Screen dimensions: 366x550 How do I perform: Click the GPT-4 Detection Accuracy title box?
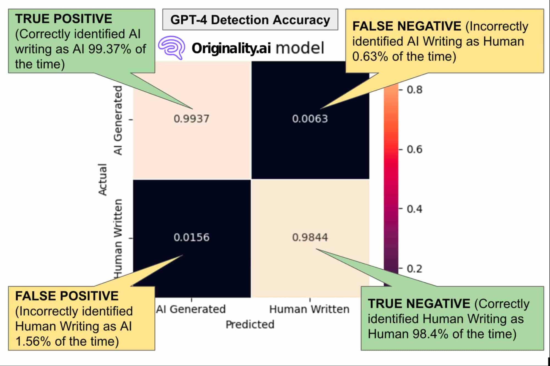(250, 20)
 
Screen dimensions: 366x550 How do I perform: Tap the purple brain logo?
(171, 47)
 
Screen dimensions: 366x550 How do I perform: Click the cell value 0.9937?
(191, 119)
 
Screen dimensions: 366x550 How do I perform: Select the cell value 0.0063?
(310, 119)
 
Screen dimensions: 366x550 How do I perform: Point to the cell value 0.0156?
(191, 237)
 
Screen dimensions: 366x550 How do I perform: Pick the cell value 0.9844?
(310, 237)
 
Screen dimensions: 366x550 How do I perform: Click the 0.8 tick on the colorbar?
(414, 90)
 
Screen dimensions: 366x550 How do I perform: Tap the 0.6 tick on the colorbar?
(414, 149)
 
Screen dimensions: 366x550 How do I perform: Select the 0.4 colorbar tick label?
(414, 209)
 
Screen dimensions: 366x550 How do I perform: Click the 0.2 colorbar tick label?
(414, 269)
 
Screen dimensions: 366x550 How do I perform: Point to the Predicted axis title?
(250, 324)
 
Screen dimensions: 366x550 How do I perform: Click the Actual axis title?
(103, 179)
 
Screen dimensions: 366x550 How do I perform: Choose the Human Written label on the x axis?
(309, 309)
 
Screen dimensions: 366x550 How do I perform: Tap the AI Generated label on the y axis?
(118, 120)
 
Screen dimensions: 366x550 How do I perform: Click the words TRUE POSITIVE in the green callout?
(64, 19)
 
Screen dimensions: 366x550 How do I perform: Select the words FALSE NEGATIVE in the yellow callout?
(407, 26)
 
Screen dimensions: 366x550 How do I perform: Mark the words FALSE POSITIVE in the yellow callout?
(67, 296)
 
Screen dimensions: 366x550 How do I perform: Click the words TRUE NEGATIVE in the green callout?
(419, 304)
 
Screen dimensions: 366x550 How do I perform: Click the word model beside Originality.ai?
(300, 48)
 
